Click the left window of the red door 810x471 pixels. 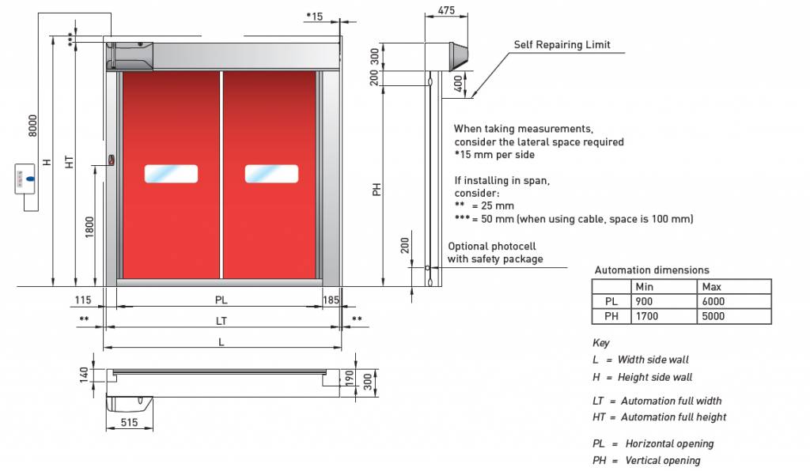pyautogui.click(x=171, y=174)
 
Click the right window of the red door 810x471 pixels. pyautogui.click(x=271, y=174)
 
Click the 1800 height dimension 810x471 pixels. pyautogui.click(x=89, y=228)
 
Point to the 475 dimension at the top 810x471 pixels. pyautogui.click(x=446, y=11)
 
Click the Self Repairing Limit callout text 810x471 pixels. pyautogui.click(x=562, y=45)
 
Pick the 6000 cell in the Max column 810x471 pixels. pyautogui.click(x=713, y=301)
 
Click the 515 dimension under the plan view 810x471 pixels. pyautogui.click(x=130, y=423)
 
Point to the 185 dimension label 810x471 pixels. pyautogui.click(x=331, y=300)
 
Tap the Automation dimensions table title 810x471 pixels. pyautogui.click(x=652, y=269)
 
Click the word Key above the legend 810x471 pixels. pyautogui.click(x=600, y=343)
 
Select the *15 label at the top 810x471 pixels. pyautogui.click(x=313, y=16)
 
